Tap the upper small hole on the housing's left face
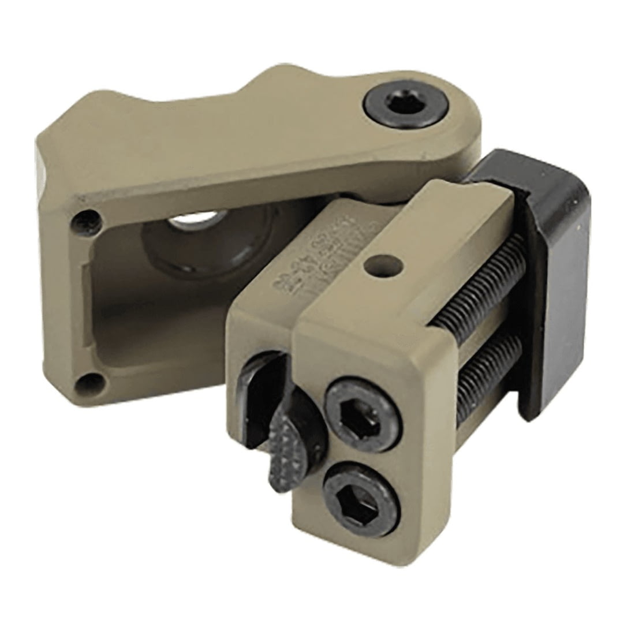click(x=86, y=220)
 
